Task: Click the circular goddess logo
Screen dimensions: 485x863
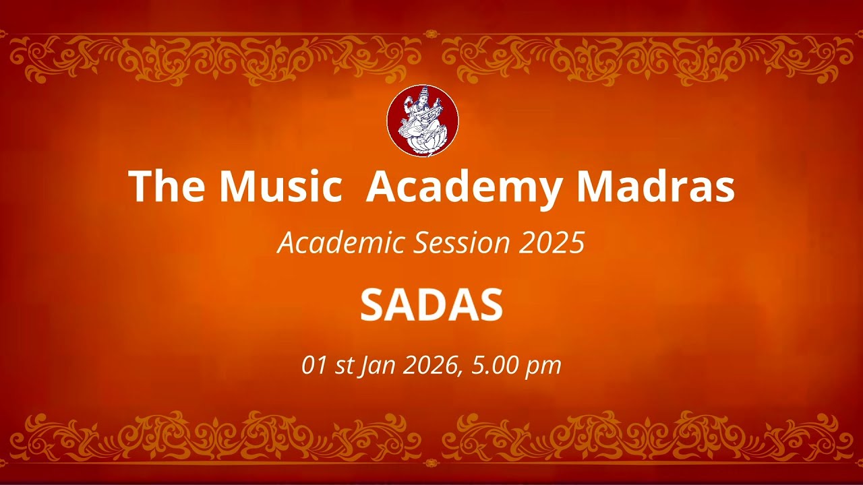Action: click(423, 121)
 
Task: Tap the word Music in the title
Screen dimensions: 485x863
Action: click(280, 186)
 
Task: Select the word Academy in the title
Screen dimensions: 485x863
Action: click(464, 187)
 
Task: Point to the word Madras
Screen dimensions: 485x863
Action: click(655, 186)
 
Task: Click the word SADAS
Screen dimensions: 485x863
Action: click(431, 305)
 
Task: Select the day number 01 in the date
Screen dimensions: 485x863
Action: click(314, 365)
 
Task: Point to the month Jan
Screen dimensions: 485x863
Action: click(378, 366)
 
